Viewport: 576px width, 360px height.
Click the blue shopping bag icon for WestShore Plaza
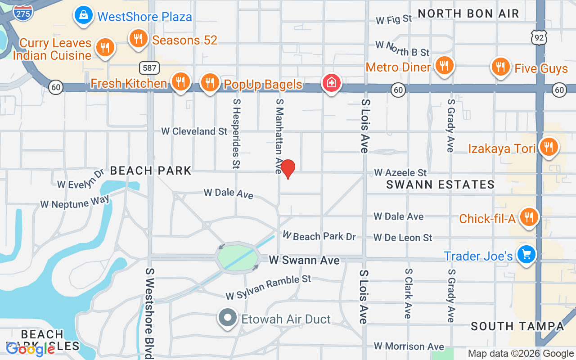84,15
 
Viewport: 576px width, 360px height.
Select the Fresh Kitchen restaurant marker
180,82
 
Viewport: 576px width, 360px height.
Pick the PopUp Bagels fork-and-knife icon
209,83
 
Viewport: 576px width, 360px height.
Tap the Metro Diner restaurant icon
444,66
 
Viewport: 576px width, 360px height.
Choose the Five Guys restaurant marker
499,67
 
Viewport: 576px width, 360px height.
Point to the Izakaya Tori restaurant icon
548,147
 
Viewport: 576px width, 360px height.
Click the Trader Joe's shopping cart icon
526,255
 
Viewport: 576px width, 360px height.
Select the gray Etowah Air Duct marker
228,318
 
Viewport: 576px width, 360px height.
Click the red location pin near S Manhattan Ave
288,169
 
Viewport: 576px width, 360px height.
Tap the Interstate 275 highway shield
22,12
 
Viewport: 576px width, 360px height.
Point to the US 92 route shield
539,38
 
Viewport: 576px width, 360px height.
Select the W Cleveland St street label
194,131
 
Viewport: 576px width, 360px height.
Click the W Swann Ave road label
304,260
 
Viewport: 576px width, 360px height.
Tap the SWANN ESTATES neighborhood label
440,184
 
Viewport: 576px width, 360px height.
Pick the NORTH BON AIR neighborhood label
468,13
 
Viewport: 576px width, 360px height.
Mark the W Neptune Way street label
75,201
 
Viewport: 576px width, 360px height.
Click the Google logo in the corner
31,349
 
